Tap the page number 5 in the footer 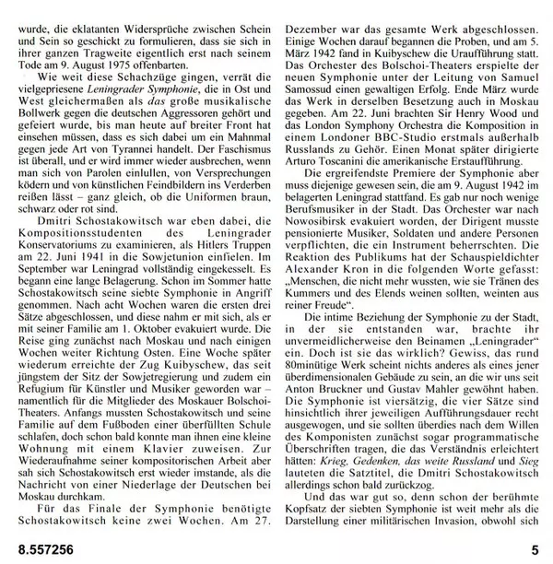pos(535,549)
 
